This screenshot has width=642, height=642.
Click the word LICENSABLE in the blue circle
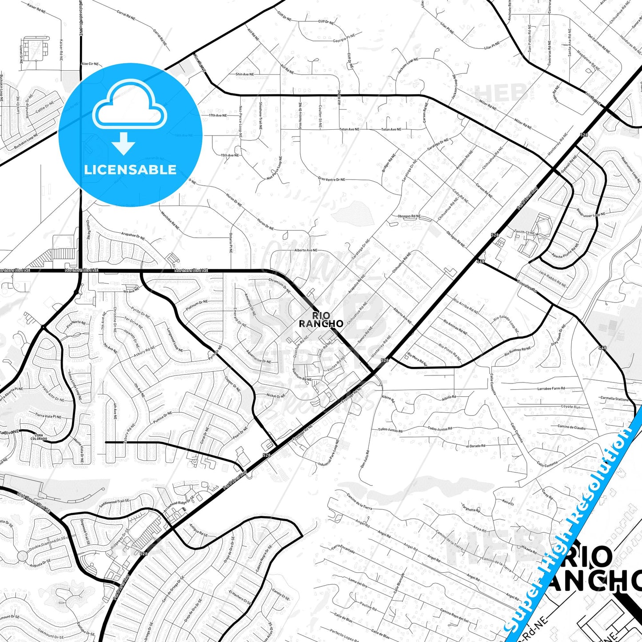click(x=130, y=170)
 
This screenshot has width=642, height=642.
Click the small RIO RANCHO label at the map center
click(x=321, y=319)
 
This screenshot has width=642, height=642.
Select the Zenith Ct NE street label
click(x=524, y=232)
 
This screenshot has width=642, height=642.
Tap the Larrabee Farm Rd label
click(x=551, y=389)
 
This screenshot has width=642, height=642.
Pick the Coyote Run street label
click(x=570, y=407)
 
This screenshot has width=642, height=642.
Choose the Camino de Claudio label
click(x=571, y=427)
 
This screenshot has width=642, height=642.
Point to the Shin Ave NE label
click(x=245, y=74)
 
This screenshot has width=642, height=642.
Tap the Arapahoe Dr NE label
click(x=133, y=235)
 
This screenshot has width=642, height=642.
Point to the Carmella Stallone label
click(x=614, y=399)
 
